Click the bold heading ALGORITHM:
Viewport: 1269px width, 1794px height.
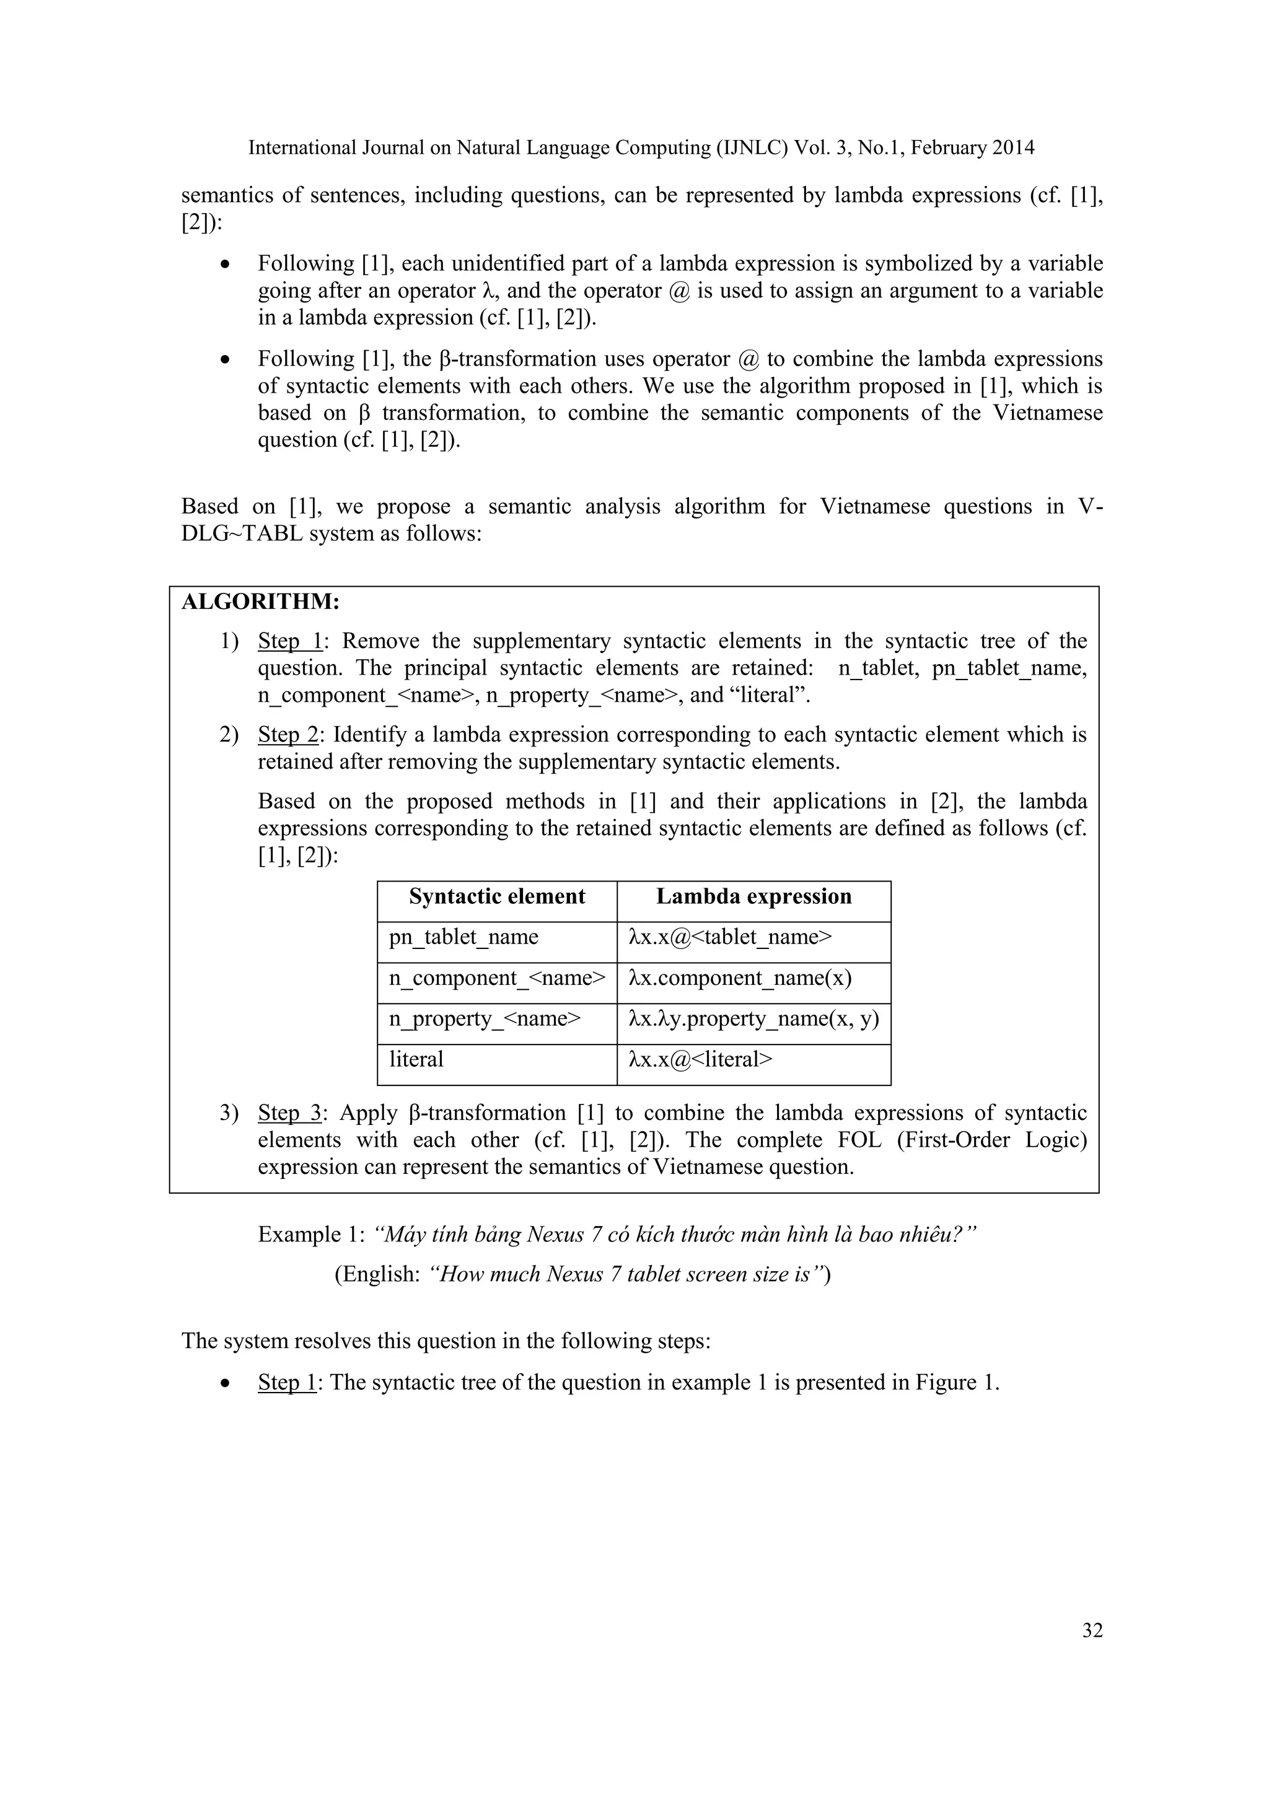[260, 602]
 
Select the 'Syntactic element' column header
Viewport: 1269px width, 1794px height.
[497, 896]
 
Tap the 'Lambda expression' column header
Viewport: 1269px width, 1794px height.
[753, 896]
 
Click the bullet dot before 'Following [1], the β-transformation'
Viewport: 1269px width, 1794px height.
[225, 360]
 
